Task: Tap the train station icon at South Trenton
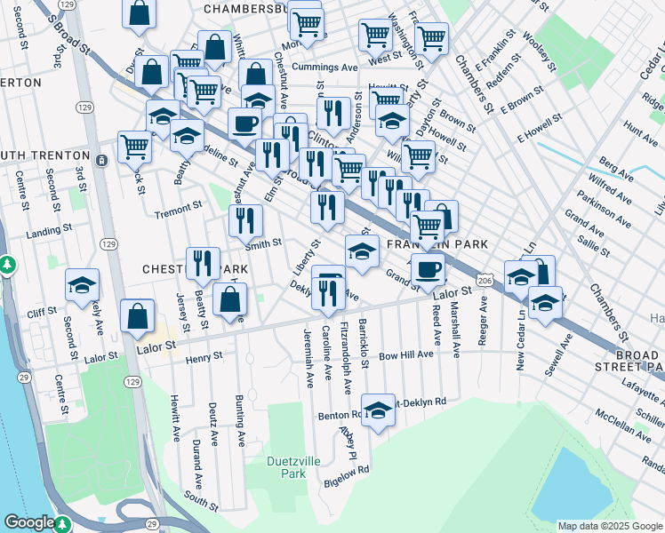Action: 101,160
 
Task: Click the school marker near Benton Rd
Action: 378,410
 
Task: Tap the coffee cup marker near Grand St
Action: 428,269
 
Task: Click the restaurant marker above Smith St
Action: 245,221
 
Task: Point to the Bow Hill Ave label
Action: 406,354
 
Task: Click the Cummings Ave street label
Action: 324,68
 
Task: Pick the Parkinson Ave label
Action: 602,207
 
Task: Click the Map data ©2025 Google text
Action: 609,525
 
